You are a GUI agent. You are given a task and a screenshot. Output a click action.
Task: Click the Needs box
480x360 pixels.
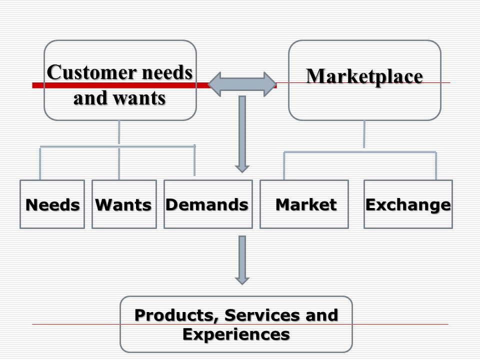coord(52,204)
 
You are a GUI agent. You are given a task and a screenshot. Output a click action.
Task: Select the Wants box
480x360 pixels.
coord(124,204)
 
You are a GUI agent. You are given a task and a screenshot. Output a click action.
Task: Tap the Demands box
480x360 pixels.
coord(208,204)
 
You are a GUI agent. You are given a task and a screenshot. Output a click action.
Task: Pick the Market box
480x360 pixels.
coord(304,204)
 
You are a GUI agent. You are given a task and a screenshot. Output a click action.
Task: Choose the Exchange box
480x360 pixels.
coord(408,204)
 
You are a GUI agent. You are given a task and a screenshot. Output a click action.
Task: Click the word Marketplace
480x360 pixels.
coord(364,76)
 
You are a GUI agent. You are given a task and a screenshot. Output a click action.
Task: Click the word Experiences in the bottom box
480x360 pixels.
coord(236,334)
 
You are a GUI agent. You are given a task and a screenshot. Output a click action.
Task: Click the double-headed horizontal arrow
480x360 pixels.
coord(242,84)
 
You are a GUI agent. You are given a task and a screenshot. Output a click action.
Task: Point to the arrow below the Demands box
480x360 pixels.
coord(242,260)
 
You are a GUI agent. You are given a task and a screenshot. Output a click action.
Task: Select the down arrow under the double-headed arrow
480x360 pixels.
coord(242,134)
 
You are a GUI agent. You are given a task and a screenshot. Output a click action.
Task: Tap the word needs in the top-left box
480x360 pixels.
coord(167,72)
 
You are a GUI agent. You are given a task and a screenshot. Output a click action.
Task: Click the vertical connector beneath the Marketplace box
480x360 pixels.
coord(364,134)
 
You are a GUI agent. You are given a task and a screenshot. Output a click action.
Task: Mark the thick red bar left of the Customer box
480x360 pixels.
coord(38,85)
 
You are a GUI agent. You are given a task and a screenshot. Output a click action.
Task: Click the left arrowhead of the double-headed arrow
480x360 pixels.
coord(214,84)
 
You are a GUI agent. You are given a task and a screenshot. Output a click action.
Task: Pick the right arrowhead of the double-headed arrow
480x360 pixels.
coord(270,84)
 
